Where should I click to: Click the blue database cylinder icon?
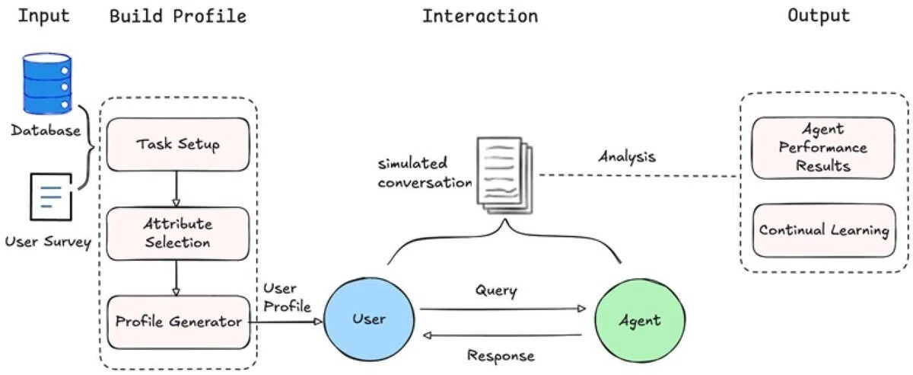47,83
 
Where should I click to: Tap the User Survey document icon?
51,197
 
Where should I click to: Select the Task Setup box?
178,144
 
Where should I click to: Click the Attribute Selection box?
178,233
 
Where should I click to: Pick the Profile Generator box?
179,322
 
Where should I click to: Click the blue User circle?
369,319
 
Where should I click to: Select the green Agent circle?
640,320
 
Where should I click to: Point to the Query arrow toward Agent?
503,309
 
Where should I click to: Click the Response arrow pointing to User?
503,335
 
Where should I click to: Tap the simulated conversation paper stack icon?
504,175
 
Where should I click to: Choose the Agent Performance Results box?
823,148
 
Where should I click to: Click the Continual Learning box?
824,230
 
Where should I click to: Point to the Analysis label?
627,157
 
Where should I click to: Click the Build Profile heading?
178,16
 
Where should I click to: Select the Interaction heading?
480,16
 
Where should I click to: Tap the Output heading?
819,16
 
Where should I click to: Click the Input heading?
43,16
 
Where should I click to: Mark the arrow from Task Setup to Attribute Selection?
176,189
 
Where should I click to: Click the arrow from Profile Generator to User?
286,322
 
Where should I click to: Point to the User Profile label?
287,297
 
